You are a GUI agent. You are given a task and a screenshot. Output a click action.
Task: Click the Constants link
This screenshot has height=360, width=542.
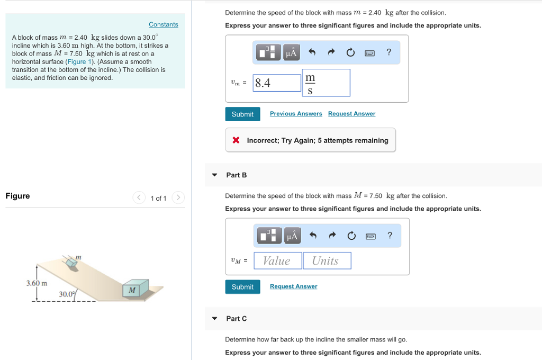[x=163, y=24]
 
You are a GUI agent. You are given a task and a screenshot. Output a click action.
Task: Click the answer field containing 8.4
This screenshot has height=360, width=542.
[x=277, y=83]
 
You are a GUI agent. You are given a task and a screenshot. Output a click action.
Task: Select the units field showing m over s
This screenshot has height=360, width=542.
[x=326, y=83]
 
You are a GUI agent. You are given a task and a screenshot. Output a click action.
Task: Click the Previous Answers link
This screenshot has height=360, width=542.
[x=296, y=114]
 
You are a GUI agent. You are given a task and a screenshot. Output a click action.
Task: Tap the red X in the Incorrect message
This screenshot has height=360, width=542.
[x=236, y=140]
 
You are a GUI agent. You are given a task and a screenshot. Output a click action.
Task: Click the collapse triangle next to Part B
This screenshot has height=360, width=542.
[x=214, y=175]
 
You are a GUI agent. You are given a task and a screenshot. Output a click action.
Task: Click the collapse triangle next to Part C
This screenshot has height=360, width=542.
[x=214, y=319]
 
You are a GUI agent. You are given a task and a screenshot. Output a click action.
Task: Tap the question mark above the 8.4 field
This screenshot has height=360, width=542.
[x=389, y=52]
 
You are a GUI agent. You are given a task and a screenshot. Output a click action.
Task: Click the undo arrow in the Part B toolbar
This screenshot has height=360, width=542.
[x=313, y=236]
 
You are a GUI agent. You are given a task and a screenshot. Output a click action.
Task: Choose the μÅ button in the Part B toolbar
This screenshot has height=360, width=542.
[x=292, y=236]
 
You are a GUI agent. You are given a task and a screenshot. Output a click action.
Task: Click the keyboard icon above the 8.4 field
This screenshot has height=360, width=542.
[x=370, y=52]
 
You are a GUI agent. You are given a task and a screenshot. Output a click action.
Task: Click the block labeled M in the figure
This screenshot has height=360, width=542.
[x=132, y=289]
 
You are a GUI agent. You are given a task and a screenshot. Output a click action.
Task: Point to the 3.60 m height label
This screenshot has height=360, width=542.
[x=37, y=283]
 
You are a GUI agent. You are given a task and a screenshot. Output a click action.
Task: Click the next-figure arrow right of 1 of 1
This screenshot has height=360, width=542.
[x=178, y=198]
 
